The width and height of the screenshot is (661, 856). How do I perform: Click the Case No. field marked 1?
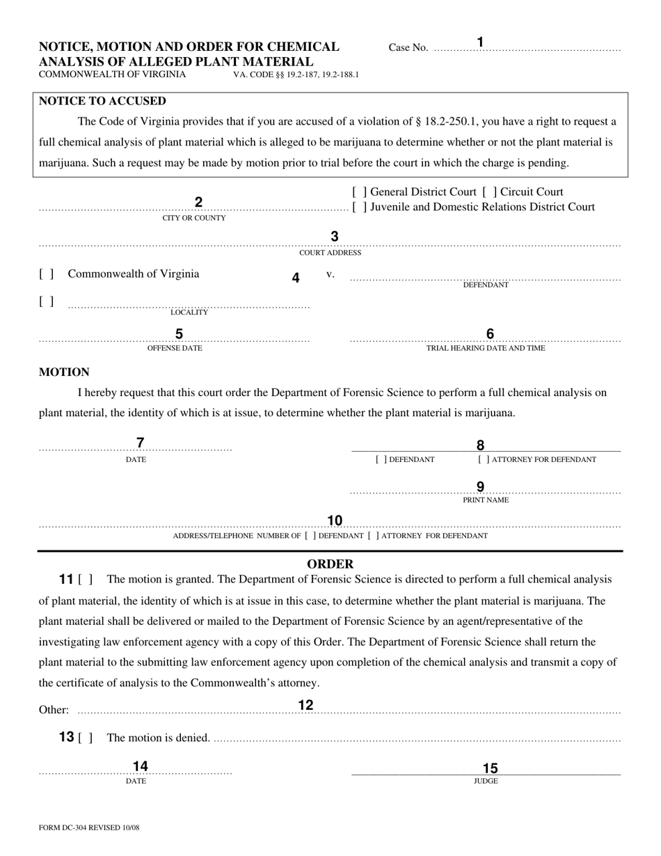[x=527, y=48]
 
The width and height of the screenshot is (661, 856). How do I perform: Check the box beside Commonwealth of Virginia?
[x=47, y=274]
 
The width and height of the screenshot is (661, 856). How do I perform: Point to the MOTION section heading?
[x=64, y=372]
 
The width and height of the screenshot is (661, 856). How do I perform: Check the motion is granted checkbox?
[x=86, y=580]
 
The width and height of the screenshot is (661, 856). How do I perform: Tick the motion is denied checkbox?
[x=86, y=738]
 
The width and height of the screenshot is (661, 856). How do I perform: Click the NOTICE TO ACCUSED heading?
[x=102, y=101]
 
